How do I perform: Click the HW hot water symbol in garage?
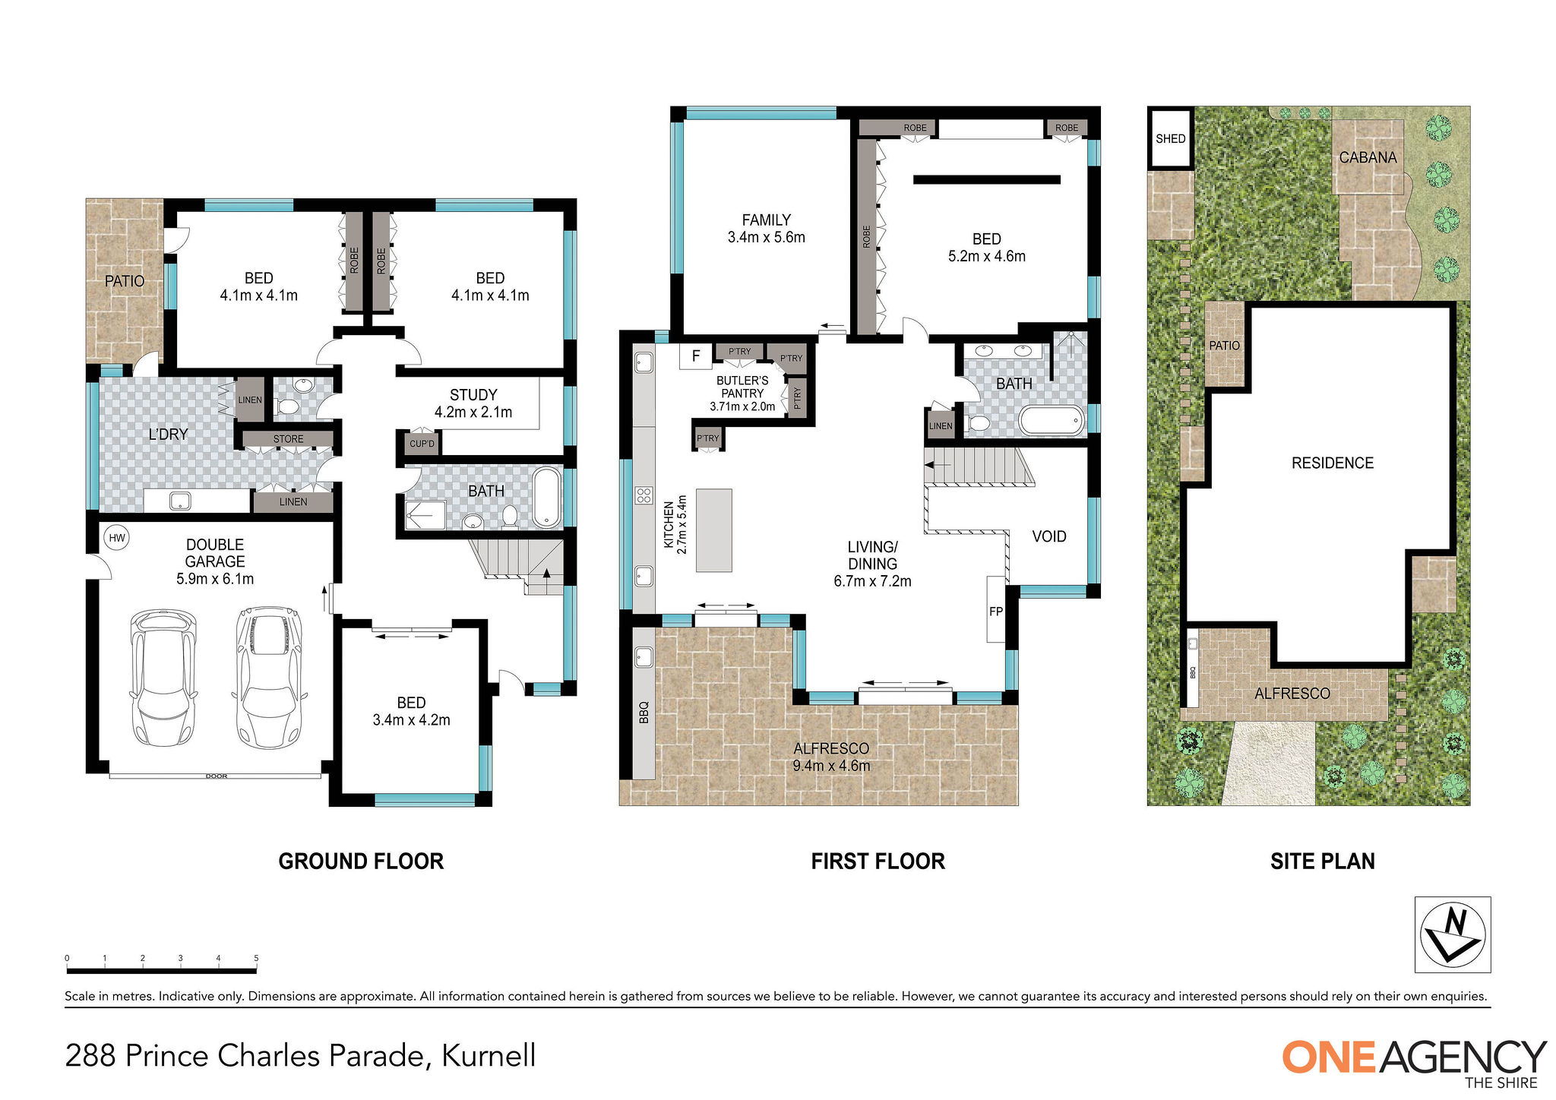coord(117,538)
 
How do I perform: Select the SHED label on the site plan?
coord(1170,138)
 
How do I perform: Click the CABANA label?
coord(1368,157)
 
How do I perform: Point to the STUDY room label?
coord(473,395)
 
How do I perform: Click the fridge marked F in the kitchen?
coord(695,356)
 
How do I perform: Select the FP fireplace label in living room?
coord(995,611)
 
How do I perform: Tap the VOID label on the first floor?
coord(1048,536)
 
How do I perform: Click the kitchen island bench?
coord(713,530)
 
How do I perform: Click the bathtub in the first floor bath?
coord(1052,421)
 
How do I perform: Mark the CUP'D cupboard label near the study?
coord(422,444)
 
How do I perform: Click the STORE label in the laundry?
coord(288,439)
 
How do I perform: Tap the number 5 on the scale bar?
coord(256,959)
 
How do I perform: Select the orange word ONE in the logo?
coord(1330,1057)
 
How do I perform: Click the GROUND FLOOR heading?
coord(361,861)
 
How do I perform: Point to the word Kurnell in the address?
coord(489,1056)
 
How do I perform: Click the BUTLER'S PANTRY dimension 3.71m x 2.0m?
coord(742,406)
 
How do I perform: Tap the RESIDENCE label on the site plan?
coord(1332,463)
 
